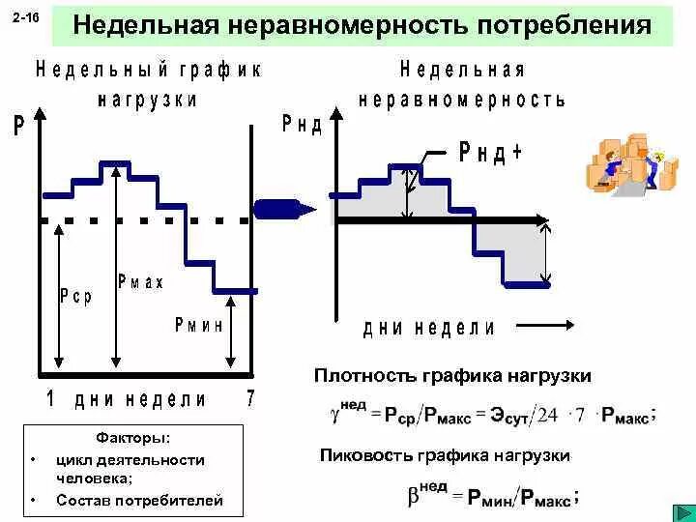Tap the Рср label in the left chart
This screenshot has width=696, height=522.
point(75,297)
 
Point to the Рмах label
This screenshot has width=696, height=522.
point(141,281)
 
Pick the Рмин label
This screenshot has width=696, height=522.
point(199,325)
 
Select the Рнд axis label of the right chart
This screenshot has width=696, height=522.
point(302,125)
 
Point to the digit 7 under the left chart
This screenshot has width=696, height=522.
point(250,398)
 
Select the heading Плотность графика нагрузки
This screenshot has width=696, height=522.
point(452,375)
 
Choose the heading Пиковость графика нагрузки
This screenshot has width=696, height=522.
point(445,454)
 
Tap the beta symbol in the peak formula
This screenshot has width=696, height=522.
point(413,497)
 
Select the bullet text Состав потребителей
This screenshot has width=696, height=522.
point(139,500)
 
